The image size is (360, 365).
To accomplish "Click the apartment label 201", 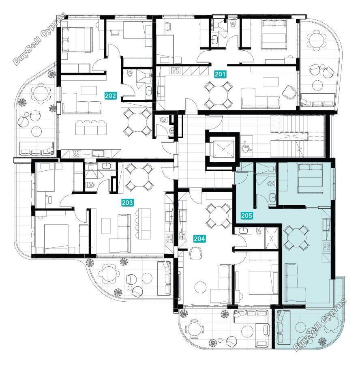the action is pos(220,74).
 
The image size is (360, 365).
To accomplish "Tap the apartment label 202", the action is pos(110,96).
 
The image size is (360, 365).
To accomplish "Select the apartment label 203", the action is pos(127,202).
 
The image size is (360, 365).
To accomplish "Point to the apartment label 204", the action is pos(199,238).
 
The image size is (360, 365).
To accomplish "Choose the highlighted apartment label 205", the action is pos(246,216).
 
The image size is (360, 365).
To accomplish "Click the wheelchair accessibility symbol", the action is pos(245,147).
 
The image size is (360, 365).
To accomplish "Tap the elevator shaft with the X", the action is pos(223,149).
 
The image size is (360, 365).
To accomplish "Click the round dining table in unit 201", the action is pos(218,95).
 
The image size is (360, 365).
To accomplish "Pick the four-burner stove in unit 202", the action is pos(76,153).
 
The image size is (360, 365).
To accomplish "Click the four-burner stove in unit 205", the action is pos(326,247).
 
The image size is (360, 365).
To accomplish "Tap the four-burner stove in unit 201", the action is pos(175,71).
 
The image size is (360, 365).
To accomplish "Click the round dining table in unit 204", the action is pos(218,216).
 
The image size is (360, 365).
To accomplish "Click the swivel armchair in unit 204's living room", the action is pos(196,253).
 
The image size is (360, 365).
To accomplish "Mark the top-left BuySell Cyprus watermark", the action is pos(40,39).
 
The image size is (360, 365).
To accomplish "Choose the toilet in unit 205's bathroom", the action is pos(271,184).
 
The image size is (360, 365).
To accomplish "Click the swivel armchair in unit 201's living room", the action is pos(289,92).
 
